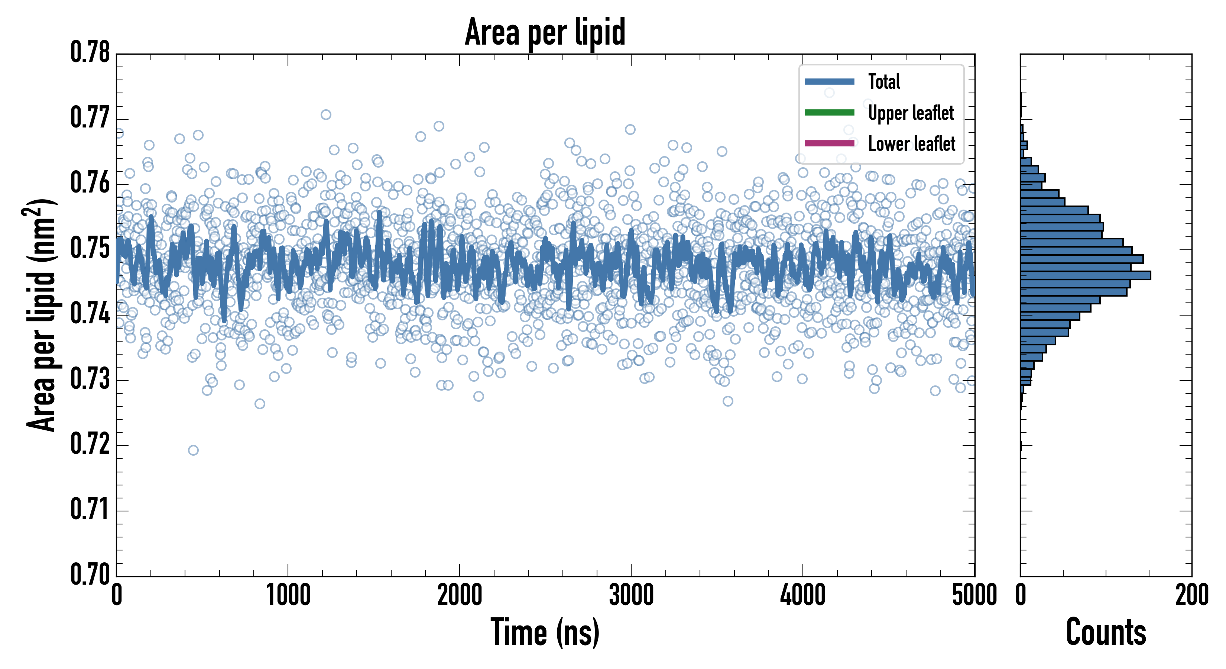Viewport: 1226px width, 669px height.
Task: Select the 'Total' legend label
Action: [884, 82]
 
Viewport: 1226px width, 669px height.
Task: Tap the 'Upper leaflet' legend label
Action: [911, 113]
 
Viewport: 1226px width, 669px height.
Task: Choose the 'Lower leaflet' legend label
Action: [911, 144]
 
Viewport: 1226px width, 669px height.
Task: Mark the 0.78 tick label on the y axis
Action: [90, 52]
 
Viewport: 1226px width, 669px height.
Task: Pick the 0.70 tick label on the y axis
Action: [90, 574]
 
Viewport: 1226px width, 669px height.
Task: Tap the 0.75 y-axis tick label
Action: [90, 248]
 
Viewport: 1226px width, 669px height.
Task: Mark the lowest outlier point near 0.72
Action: [193, 450]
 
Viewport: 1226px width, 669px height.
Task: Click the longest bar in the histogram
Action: [1085, 275]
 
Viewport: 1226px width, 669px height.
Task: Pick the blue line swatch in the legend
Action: [829, 82]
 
